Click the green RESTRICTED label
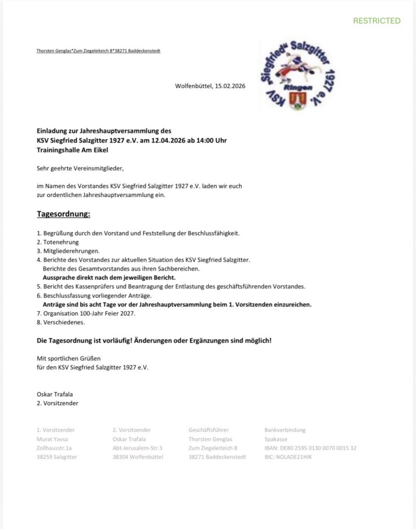click(x=376, y=21)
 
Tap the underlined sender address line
click(x=98, y=51)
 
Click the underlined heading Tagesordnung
click(x=64, y=213)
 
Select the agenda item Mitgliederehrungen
click(x=67, y=251)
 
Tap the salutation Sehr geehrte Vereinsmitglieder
click(x=81, y=168)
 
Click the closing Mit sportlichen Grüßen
click(x=69, y=358)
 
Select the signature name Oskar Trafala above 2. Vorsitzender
click(x=55, y=394)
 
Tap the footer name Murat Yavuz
click(x=53, y=439)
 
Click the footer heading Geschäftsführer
click(x=209, y=430)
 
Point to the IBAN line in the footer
click(x=310, y=448)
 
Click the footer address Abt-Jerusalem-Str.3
click(x=138, y=448)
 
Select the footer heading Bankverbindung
click(x=285, y=430)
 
